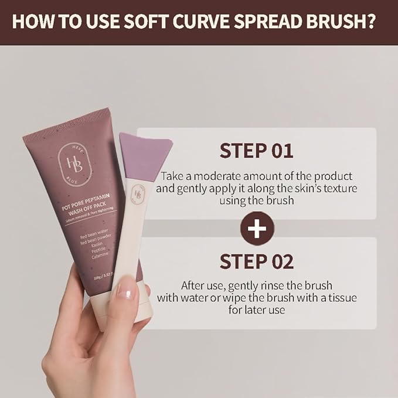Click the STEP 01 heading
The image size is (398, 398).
coord(256,151)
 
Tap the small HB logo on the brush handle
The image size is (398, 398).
coord(140,193)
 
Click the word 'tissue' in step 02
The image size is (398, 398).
coord(338,298)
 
